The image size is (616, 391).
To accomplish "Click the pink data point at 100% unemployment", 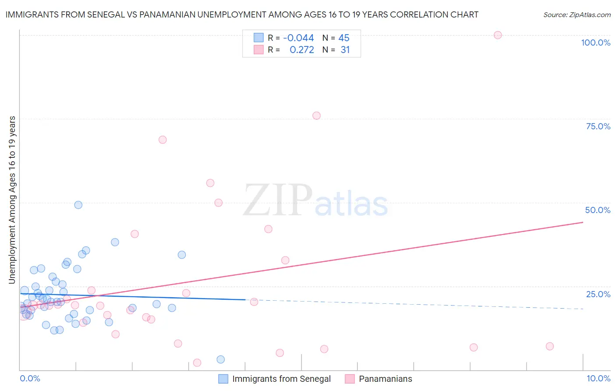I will [498, 35].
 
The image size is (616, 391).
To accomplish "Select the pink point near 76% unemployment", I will [316, 116].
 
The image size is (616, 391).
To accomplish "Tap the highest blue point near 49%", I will [78, 205].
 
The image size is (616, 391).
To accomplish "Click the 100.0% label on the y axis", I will [595, 43].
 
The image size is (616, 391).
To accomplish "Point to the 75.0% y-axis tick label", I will [598, 126].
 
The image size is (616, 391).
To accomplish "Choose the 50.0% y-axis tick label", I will [598, 210].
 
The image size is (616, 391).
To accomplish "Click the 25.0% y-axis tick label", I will [598, 294].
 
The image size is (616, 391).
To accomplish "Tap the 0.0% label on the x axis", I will [30, 378].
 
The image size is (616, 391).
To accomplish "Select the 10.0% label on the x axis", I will [598, 378].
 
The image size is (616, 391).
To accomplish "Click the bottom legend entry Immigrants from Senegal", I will [281, 379].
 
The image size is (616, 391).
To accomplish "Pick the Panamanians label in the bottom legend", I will [385, 379].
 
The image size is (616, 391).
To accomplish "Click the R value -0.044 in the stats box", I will [298, 38].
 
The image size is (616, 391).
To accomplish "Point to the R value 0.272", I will [302, 50].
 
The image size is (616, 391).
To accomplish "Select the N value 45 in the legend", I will [344, 38].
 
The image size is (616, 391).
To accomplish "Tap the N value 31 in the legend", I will [345, 50].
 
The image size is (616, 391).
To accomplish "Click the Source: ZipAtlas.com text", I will [577, 14].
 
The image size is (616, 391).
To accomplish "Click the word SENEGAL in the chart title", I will [113, 14].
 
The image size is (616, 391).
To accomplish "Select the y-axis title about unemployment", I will [12, 199].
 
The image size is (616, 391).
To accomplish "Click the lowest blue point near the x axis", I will [221, 359].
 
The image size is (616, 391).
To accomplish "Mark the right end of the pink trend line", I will [583, 222].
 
